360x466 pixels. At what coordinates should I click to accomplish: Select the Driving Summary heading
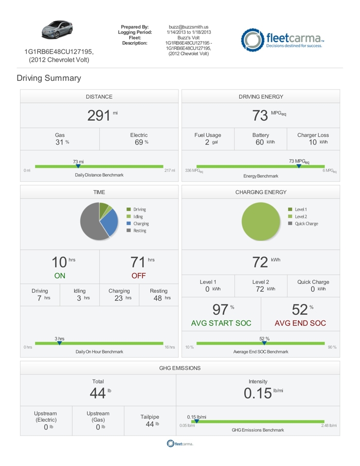click(48, 78)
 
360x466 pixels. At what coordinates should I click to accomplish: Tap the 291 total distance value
click(99, 115)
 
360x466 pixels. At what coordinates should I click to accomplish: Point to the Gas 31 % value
click(60, 142)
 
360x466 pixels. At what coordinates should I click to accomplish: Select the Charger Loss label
click(313, 135)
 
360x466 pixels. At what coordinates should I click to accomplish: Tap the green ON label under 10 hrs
click(60, 276)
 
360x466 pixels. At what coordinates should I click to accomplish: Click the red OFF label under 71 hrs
click(139, 276)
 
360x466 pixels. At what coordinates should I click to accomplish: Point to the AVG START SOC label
click(221, 323)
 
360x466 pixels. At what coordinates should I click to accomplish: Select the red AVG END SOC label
click(300, 323)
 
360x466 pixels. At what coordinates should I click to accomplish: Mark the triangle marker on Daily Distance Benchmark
click(78, 166)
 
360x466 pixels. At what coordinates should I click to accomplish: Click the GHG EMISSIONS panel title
click(180, 368)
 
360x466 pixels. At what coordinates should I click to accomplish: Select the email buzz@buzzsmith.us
click(188, 27)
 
